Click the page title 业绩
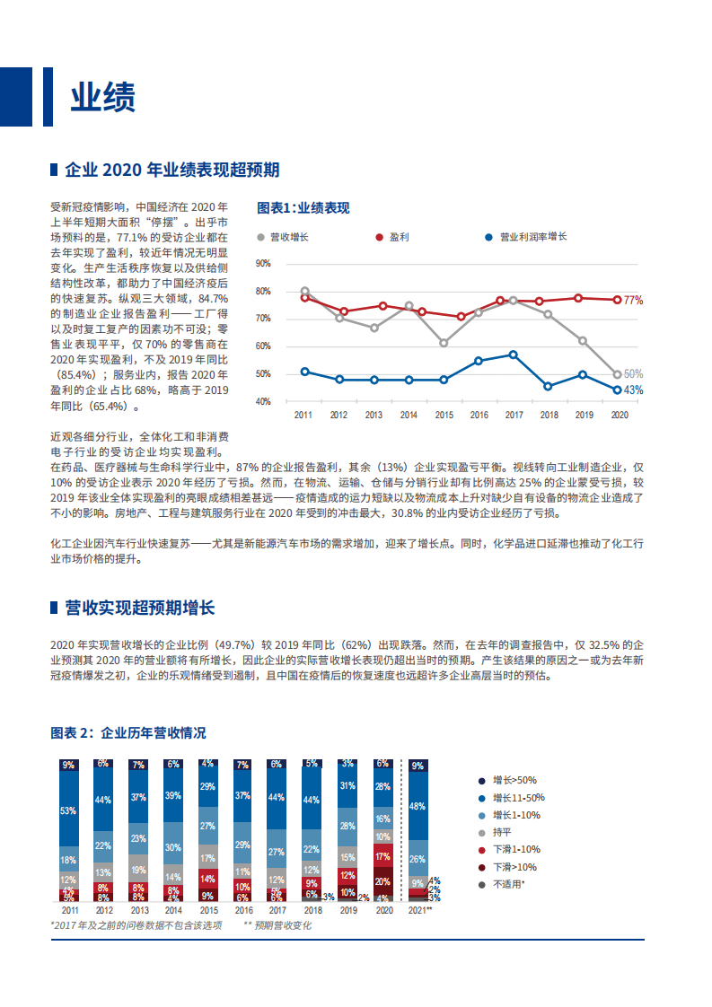coord(102,98)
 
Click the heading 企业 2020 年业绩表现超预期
coord(171,170)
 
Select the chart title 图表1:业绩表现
coord(303,207)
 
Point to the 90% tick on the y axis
coord(263,264)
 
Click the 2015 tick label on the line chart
coord(443,416)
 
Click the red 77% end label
coord(633,300)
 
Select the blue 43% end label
coord(633,390)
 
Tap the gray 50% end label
coord(633,374)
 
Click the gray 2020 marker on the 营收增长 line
coord(617,374)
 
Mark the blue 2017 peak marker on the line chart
coord(513,355)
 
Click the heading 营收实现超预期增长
coord(139,609)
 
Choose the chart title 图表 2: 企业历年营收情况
coord(128,733)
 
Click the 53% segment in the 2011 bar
coord(68,810)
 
